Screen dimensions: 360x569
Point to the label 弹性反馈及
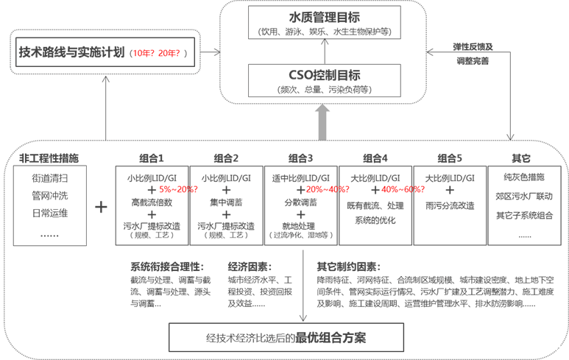(472, 46)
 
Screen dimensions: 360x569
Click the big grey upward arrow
(322, 121)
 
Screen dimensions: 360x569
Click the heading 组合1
(151, 158)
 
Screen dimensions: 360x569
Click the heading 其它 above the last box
(523, 158)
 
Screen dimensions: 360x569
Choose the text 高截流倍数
(151, 201)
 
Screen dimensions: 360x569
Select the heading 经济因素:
(250, 267)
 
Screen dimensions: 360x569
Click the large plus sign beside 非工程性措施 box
(101, 207)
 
